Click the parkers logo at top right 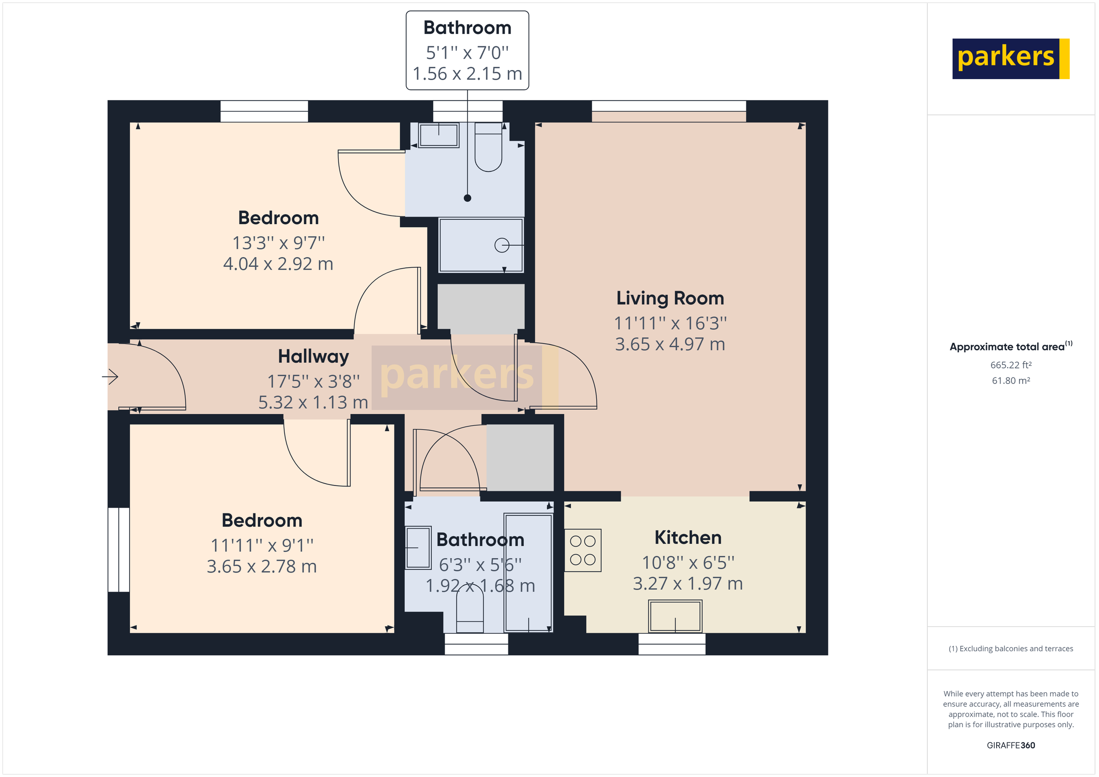[x=1010, y=59]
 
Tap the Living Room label [x=669, y=298]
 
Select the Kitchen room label [x=687, y=537]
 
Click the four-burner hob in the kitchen [x=582, y=550]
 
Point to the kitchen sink [x=675, y=617]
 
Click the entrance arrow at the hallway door [x=110, y=377]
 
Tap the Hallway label [x=314, y=356]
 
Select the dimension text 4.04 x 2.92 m [x=278, y=264]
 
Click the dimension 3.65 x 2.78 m [x=261, y=567]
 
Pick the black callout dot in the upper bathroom [x=467, y=198]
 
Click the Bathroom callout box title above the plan [x=467, y=28]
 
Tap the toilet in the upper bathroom [x=488, y=148]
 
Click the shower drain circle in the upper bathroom [x=501, y=245]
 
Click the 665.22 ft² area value [x=1011, y=365]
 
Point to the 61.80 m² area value [x=1011, y=381]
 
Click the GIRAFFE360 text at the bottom [x=1011, y=745]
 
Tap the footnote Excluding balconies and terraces [x=1011, y=649]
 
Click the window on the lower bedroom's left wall [x=118, y=550]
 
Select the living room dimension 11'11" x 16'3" [x=669, y=323]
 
